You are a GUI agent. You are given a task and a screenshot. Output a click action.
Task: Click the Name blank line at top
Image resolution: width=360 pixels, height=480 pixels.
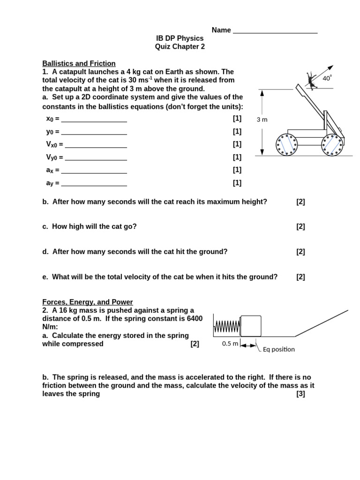(275, 32)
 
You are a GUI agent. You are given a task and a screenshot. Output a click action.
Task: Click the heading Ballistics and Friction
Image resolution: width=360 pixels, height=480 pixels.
(79, 63)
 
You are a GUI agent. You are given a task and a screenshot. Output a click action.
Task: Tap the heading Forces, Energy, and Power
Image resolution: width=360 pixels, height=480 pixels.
(88, 302)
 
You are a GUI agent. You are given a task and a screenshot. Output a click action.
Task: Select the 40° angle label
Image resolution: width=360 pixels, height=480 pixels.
(327, 78)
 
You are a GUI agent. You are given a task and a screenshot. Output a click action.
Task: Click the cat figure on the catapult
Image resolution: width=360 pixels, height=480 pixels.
(310, 80)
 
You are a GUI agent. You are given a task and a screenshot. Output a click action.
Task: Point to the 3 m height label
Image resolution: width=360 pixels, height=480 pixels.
(262, 120)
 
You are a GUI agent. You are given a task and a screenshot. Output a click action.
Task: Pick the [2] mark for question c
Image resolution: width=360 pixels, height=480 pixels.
(300, 226)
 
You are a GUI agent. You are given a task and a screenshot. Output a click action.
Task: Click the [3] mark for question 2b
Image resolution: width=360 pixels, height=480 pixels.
(300, 394)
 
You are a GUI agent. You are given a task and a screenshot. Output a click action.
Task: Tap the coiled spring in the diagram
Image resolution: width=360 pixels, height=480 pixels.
(227, 326)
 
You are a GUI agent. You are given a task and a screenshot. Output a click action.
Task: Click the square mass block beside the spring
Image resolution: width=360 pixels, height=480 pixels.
(251, 326)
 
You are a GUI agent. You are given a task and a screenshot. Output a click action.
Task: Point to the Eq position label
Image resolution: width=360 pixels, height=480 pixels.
(278, 349)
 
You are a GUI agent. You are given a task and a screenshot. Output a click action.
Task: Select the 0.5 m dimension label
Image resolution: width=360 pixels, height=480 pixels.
(230, 344)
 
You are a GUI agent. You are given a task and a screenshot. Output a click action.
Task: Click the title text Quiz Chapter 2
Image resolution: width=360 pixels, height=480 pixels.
(180, 46)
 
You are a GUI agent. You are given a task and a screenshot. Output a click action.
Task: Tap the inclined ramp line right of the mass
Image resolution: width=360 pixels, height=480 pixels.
(322, 323)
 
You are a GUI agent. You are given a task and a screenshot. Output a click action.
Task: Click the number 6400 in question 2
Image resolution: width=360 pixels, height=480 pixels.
(193, 319)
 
